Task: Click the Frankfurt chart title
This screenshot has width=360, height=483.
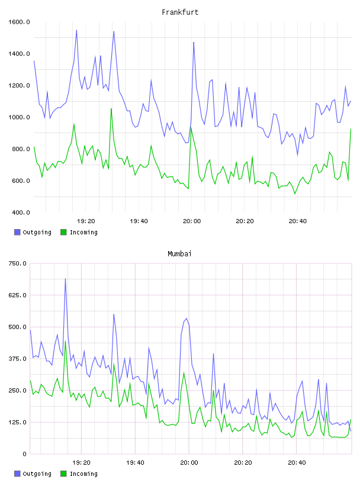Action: (x=180, y=12)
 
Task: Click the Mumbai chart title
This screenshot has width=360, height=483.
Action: (x=179, y=254)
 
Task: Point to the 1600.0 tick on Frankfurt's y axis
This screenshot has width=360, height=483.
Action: (x=19, y=22)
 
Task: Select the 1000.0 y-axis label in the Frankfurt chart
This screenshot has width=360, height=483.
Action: (x=19, y=117)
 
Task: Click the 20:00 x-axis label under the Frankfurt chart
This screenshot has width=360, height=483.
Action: (x=192, y=221)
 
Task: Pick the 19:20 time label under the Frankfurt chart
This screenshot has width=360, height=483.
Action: (x=86, y=221)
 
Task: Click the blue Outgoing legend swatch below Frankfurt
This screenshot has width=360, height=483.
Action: (x=17, y=232)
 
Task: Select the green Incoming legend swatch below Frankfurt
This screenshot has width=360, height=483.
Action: (x=63, y=232)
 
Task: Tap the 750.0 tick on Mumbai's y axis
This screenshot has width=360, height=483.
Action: (x=17, y=263)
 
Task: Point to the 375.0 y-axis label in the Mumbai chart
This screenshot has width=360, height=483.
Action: (x=17, y=359)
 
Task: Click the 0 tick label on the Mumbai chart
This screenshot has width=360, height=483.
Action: (x=24, y=454)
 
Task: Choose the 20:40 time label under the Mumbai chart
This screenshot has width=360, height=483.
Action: (x=297, y=462)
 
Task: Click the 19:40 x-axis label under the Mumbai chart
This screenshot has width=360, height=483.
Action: (x=136, y=462)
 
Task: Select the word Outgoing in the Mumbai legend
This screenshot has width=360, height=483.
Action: (x=37, y=474)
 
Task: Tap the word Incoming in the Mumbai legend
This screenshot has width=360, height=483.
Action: (x=83, y=474)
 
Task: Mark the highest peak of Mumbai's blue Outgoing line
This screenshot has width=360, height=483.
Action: (x=65, y=279)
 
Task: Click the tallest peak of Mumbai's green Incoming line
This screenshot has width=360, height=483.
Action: (x=65, y=342)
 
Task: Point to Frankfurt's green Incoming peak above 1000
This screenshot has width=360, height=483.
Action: (x=111, y=108)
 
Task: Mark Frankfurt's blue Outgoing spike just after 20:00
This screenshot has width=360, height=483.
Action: (x=194, y=42)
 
